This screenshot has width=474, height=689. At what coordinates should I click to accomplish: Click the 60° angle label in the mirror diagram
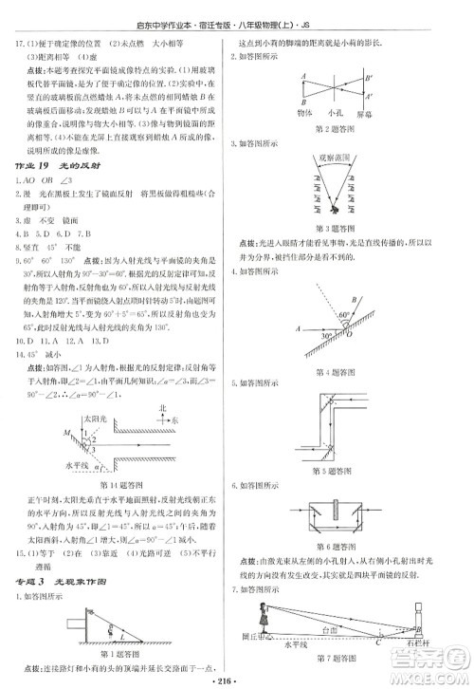click(373, 313)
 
